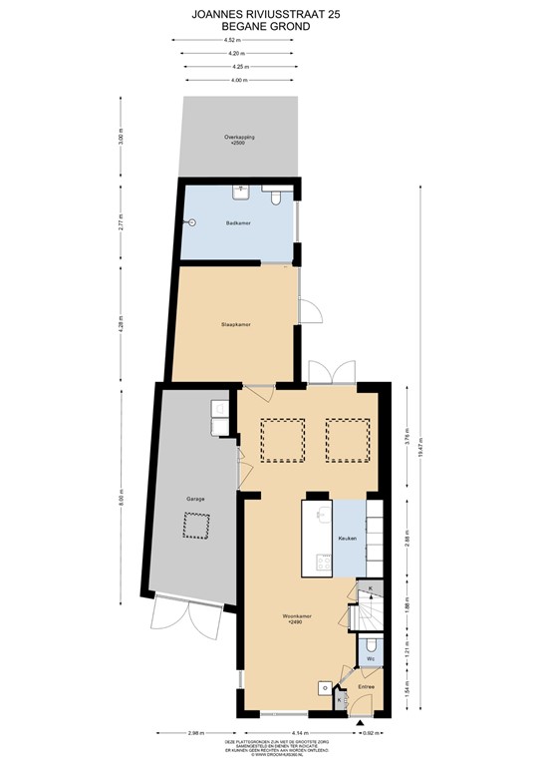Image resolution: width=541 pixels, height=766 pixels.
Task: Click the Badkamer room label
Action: coord(237,223)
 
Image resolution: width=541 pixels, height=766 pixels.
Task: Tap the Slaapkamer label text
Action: coord(235,324)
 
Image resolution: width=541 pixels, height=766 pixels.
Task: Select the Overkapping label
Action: coord(236,139)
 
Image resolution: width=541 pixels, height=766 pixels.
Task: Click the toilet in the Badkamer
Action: coord(272,190)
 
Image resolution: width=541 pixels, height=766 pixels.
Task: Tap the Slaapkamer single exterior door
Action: coord(312,309)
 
